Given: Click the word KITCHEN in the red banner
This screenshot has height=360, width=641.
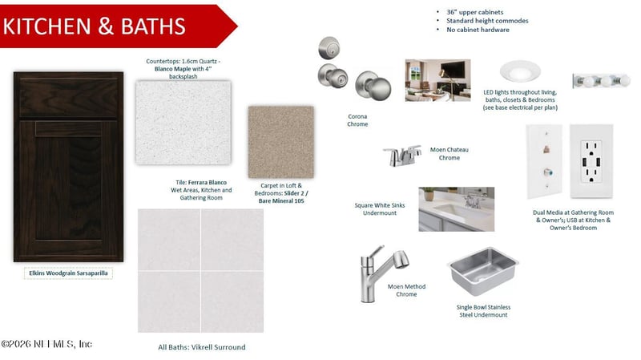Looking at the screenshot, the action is pyautogui.click(x=46, y=26).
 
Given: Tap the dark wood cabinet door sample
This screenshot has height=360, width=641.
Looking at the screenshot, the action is pyautogui.click(x=68, y=167).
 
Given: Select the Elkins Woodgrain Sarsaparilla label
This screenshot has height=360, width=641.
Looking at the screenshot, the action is pyautogui.click(x=68, y=273).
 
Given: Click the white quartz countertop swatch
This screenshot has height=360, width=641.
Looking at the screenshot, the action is pyautogui.click(x=183, y=123).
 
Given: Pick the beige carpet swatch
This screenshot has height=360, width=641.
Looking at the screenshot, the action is pyautogui.click(x=281, y=142).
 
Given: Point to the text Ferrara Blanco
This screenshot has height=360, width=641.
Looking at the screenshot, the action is pyautogui.click(x=208, y=183).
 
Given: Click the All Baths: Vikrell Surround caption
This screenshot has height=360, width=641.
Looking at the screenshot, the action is pyautogui.click(x=202, y=347).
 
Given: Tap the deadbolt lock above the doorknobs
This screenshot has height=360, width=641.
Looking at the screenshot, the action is pyautogui.click(x=329, y=48).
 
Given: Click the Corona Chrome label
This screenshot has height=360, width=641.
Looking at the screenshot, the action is pyautogui.click(x=357, y=120).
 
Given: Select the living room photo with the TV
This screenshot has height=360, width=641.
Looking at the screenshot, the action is pyautogui.click(x=437, y=80).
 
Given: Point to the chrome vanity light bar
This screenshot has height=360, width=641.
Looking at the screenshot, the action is pyautogui.click(x=602, y=81).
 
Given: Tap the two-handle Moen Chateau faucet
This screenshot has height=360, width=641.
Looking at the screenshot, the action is pyautogui.click(x=403, y=156).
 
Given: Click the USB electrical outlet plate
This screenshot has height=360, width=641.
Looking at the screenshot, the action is pyautogui.click(x=591, y=161).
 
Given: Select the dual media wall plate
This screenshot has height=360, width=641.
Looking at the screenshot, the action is pyautogui.click(x=544, y=161).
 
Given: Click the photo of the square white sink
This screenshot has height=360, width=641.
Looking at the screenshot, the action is pyautogui.click(x=456, y=209).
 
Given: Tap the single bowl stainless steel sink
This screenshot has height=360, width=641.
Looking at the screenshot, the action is pyautogui.click(x=483, y=271).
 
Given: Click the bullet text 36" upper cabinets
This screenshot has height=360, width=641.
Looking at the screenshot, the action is pyautogui.click(x=474, y=12).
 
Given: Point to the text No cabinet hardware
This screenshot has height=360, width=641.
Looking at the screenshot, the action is pyautogui.click(x=478, y=30).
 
